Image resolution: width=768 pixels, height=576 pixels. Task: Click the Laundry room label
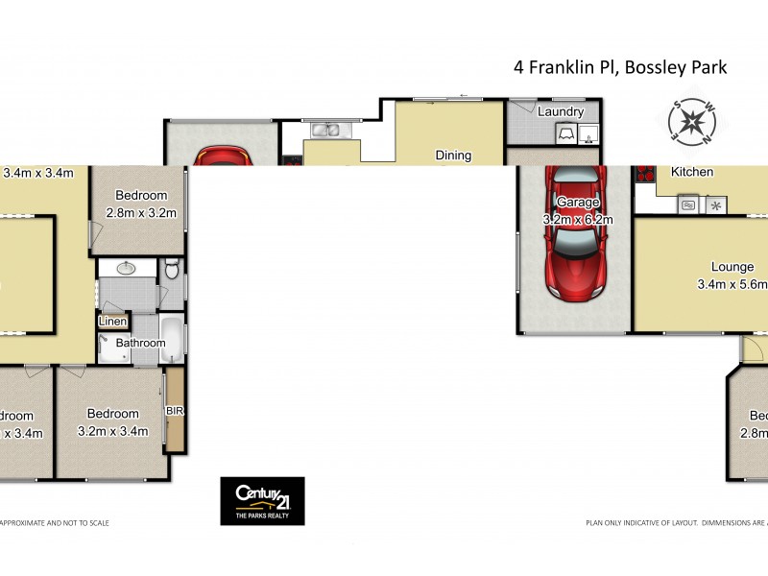561,112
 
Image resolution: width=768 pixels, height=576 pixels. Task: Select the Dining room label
453,155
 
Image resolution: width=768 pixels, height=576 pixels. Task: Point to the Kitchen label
691,172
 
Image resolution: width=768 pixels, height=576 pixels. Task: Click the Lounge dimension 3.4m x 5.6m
732,284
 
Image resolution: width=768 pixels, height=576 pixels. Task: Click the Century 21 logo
262,500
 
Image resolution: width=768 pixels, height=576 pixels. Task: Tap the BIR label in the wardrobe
175,410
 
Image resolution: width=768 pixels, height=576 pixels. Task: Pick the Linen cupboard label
112,322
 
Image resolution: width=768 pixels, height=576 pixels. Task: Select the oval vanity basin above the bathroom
124,269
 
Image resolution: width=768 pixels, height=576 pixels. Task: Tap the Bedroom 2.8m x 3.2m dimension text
141,213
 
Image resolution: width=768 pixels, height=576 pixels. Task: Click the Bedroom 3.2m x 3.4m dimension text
112,431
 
